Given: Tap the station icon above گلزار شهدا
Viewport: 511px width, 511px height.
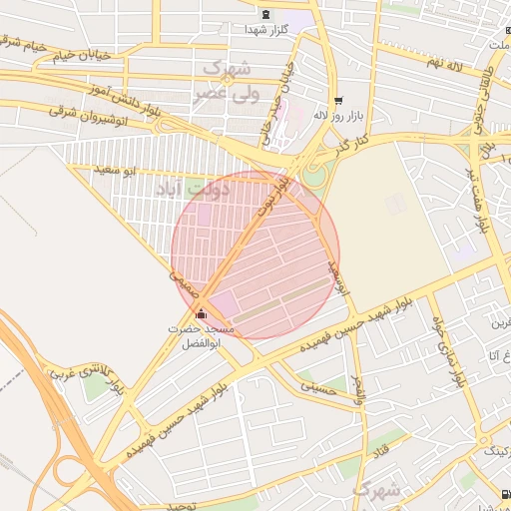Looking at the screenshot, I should pyautogui.click(x=265, y=14).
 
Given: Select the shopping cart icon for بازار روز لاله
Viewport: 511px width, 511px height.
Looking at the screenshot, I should pyautogui.click(x=338, y=100).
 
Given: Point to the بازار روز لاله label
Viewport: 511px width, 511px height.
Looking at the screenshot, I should pyautogui.click(x=335, y=115).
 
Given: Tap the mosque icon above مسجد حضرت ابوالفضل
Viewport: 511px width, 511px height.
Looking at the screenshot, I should pyautogui.click(x=203, y=313).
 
